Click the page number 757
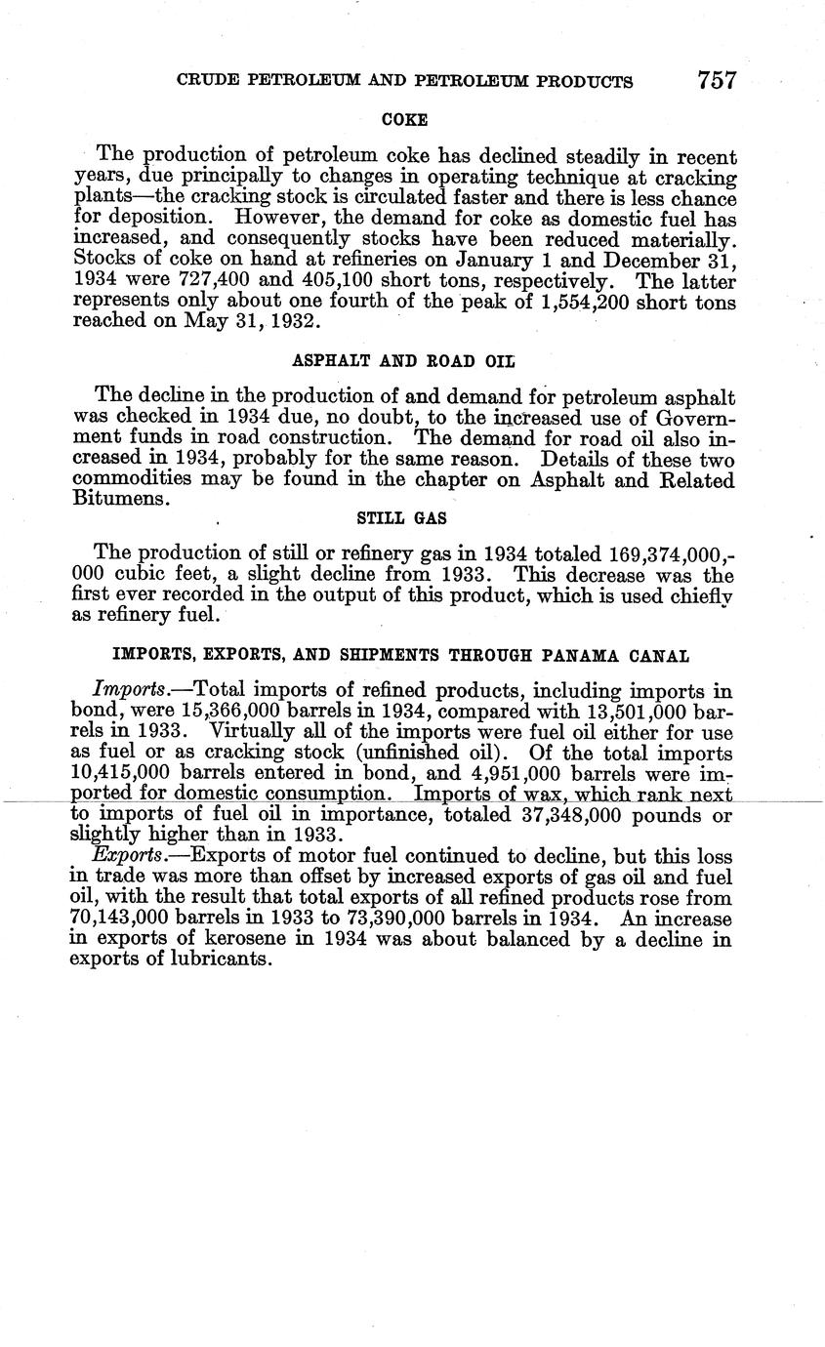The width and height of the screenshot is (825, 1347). click(x=716, y=80)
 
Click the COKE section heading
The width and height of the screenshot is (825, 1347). click(x=404, y=120)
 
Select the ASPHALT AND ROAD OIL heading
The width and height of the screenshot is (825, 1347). click(x=404, y=360)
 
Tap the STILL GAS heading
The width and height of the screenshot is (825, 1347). click(x=403, y=519)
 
